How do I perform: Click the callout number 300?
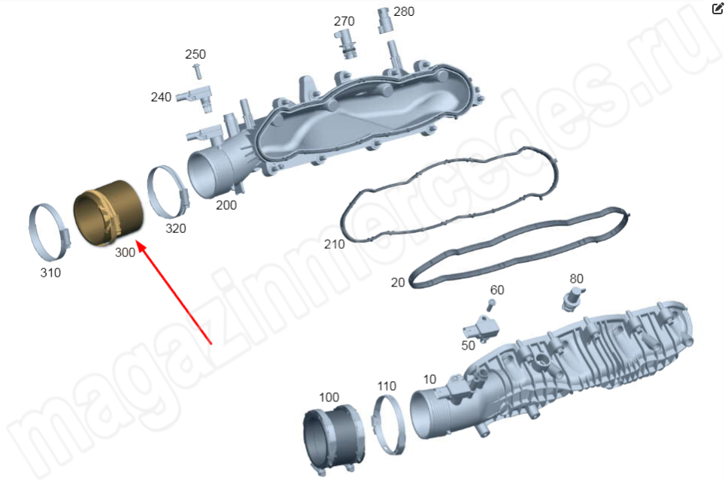pyautogui.click(x=125, y=253)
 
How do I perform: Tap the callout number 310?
pyautogui.click(x=50, y=273)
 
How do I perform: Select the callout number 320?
pyautogui.click(x=176, y=228)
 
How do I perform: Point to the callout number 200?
pyautogui.click(x=226, y=204)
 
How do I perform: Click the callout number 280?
pyautogui.click(x=404, y=11)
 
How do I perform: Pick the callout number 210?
pyautogui.click(x=334, y=244)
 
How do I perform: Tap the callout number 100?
pyautogui.click(x=329, y=398)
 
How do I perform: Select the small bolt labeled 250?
pyautogui.click(x=198, y=71)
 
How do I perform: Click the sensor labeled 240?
pyautogui.click(x=196, y=96)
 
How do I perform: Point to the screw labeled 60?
pyautogui.click(x=490, y=304)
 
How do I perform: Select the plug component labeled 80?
pyautogui.click(x=573, y=298)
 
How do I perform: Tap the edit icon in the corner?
pyautogui.click(x=717, y=9)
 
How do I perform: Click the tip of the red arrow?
pyautogui.click(x=138, y=240)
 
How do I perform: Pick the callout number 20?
pyautogui.click(x=398, y=283)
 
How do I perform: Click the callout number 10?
pyautogui.click(x=429, y=380)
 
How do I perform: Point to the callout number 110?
pyautogui.click(x=387, y=386)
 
